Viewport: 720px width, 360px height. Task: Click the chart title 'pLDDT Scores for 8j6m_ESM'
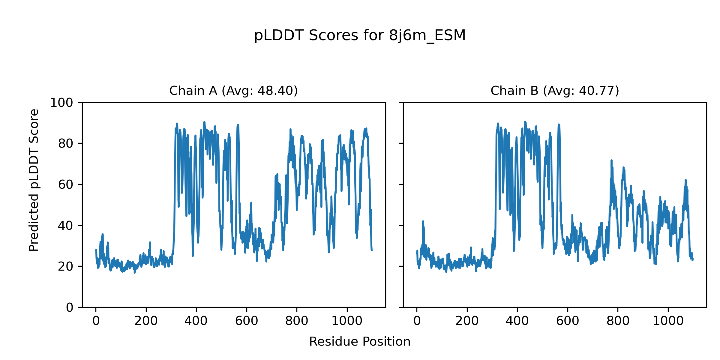pyautogui.click(x=360, y=36)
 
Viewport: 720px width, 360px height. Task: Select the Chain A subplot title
pyautogui.click(x=233, y=91)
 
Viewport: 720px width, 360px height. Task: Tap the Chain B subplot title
pyautogui.click(x=555, y=91)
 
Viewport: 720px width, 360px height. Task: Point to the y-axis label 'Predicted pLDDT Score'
pyautogui.click(x=34, y=180)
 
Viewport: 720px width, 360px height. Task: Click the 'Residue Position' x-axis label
pyautogui.click(x=360, y=342)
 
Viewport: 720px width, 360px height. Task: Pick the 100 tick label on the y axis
pyautogui.click(x=61, y=103)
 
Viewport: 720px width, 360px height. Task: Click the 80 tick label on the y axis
pyautogui.click(x=66, y=144)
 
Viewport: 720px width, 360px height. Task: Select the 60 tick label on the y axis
pyautogui.click(x=66, y=185)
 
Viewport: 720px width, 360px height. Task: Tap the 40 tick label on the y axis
pyautogui.click(x=66, y=226)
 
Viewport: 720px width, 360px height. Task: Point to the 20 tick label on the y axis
pyautogui.click(x=66, y=266)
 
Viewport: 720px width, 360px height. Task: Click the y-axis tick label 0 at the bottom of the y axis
pyautogui.click(x=70, y=307)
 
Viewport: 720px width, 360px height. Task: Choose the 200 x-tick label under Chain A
pyautogui.click(x=146, y=321)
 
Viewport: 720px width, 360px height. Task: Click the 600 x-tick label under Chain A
pyautogui.click(x=247, y=321)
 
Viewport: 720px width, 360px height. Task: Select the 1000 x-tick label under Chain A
pyautogui.click(x=347, y=321)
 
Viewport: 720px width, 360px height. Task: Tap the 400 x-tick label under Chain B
pyautogui.click(x=517, y=321)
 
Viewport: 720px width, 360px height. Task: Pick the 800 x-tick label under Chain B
pyautogui.click(x=618, y=321)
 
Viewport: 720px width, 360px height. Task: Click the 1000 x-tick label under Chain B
pyautogui.click(x=668, y=321)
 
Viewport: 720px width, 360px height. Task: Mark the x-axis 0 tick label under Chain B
pyautogui.click(x=417, y=321)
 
